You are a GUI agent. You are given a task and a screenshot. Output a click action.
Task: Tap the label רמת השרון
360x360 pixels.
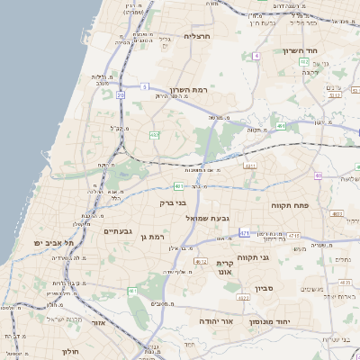[x=187, y=91]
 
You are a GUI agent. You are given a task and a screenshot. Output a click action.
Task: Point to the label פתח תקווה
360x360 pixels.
[x=291, y=205]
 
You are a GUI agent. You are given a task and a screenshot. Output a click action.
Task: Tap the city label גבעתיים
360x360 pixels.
[x=118, y=230]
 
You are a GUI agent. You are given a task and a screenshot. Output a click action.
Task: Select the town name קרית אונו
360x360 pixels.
[x=225, y=266]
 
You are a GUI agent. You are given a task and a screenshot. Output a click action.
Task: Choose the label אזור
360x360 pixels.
[x=99, y=321]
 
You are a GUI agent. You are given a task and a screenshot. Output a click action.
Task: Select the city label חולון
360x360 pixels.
[x=71, y=351]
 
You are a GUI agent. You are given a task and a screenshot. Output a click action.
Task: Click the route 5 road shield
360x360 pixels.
[x=144, y=86]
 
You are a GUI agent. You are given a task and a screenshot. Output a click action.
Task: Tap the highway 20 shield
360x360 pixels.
[x=121, y=93]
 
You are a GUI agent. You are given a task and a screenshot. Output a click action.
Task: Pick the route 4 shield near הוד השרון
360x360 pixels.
[x=256, y=56]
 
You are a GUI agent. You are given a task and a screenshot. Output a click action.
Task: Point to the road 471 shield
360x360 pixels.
[x=245, y=232]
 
